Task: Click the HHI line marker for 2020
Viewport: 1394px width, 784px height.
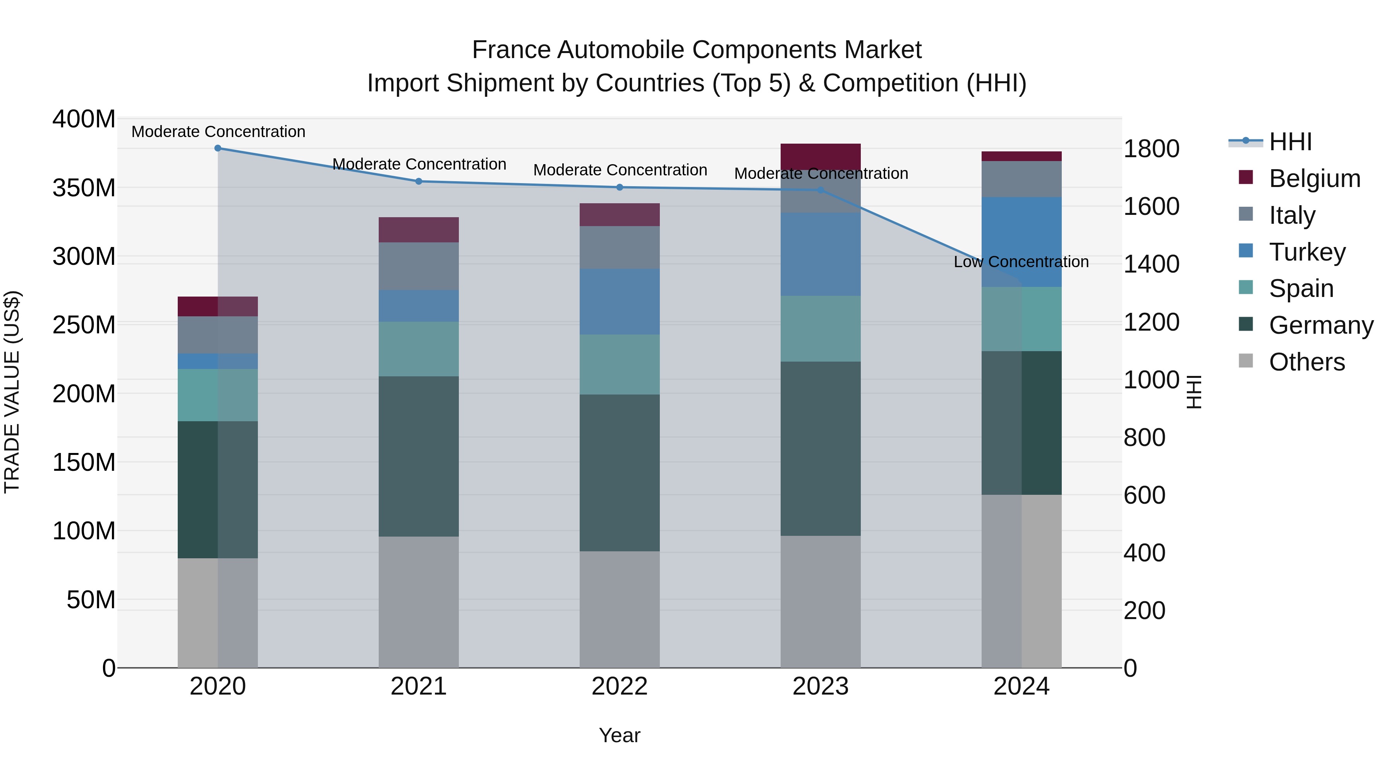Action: (x=218, y=148)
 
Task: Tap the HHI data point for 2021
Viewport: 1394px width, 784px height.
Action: (x=418, y=181)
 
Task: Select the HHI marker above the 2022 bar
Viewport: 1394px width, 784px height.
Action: (x=620, y=187)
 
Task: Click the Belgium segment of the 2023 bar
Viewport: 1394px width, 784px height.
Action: (x=821, y=156)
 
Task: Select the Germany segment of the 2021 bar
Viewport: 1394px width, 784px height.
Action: (x=418, y=456)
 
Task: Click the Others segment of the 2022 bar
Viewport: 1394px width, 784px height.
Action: (x=620, y=609)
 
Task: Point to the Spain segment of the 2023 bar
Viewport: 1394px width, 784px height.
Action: (x=821, y=328)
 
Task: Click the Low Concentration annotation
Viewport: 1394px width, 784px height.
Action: (x=1021, y=262)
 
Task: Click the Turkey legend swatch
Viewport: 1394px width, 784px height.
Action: (x=1246, y=251)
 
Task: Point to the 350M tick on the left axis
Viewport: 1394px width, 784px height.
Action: (x=84, y=188)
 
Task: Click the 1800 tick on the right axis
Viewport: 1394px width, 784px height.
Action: (x=1151, y=149)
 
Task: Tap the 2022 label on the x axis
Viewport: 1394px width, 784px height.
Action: (x=620, y=686)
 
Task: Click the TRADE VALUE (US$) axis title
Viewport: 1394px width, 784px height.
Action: (x=12, y=392)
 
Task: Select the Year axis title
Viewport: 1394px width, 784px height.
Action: (x=620, y=735)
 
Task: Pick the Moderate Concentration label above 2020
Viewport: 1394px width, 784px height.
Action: (x=218, y=132)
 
